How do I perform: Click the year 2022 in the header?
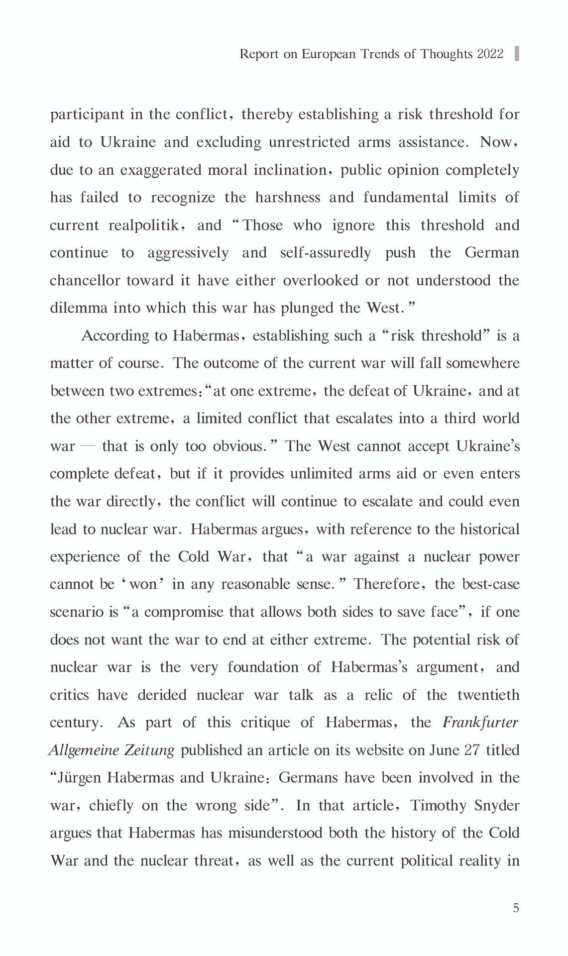(x=490, y=54)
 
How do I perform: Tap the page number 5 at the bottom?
(x=516, y=908)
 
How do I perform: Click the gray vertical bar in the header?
(x=517, y=53)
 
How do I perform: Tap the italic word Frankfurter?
(x=480, y=723)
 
